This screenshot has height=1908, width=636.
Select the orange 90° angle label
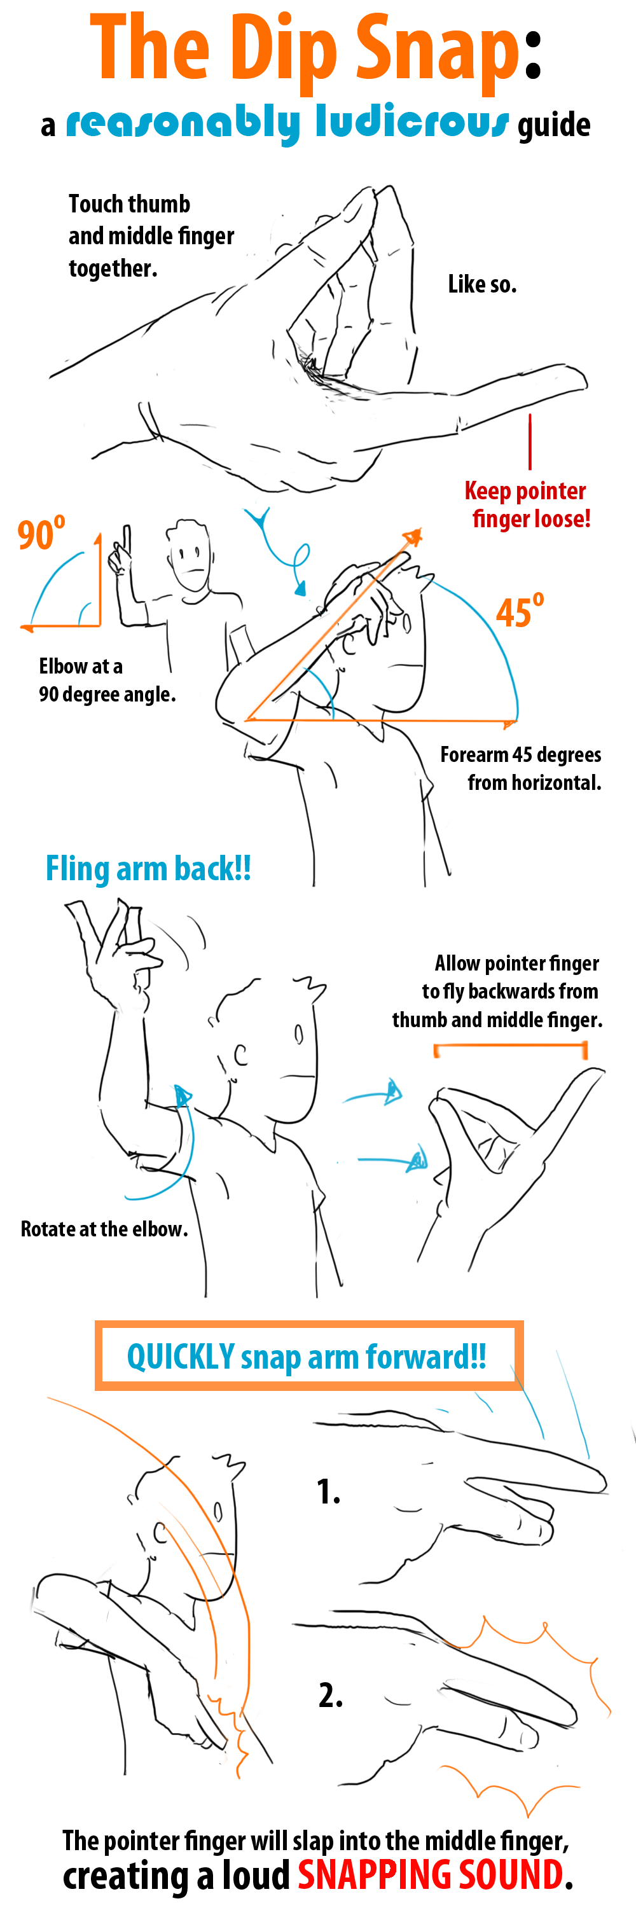[x=41, y=534]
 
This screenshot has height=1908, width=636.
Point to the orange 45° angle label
[x=520, y=611]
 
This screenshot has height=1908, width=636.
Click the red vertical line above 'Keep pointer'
[x=530, y=441]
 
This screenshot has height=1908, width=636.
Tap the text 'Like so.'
[x=482, y=284]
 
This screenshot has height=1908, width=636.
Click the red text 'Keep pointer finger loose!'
[x=528, y=504]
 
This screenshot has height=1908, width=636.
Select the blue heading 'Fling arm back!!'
[x=148, y=869]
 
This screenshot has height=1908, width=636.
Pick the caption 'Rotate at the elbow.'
[x=104, y=1229]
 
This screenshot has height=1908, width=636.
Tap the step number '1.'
[x=329, y=1491]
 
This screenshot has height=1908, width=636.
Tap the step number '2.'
[x=330, y=1695]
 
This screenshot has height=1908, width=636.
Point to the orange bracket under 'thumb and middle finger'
[x=511, y=1047]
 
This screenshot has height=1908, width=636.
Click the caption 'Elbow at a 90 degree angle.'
[x=107, y=680]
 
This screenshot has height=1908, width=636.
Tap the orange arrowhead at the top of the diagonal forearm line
[x=412, y=537]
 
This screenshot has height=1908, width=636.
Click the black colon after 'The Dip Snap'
[x=533, y=59]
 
